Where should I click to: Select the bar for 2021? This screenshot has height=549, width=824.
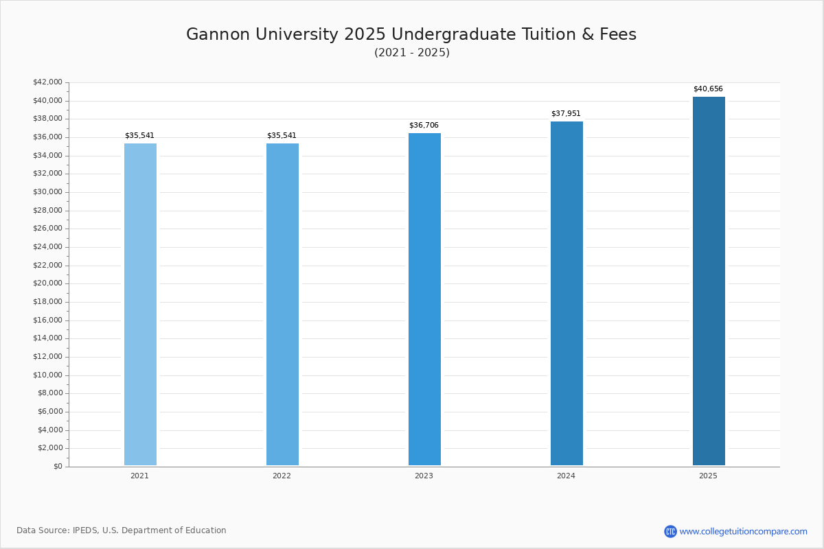pyautogui.click(x=140, y=305)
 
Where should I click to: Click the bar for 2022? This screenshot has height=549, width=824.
pyautogui.click(x=282, y=305)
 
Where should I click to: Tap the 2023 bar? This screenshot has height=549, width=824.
pyautogui.click(x=424, y=299)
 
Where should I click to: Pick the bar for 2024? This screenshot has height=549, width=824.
pyautogui.click(x=566, y=294)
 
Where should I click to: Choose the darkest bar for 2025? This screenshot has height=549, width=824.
pyautogui.click(x=709, y=281)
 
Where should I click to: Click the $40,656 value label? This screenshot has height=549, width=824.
pyautogui.click(x=708, y=89)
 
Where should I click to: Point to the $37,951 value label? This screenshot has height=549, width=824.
pyautogui.click(x=566, y=114)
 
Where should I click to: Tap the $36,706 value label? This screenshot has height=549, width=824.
pyautogui.click(x=424, y=126)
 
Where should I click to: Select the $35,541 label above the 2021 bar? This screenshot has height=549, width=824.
pyautogui.click(x=139, y=136)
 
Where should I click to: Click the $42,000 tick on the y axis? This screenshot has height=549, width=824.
pyautogui.click(x=47, y=82)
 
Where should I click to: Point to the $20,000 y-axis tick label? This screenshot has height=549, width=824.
pyautogui.click(x=47, y=283)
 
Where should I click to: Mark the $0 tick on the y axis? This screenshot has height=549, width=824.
pyautogui.click(x=58, y=467)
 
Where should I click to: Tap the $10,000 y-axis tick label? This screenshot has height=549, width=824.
pyautogui.click(x=47, y=375)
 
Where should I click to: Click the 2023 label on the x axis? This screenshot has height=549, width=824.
pyautogui.click(x=424, y=476)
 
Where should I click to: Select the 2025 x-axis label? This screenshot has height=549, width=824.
pyautogui.click(x=708, y=476)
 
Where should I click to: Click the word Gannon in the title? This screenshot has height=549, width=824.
pyautogui.click(x=217, y=35)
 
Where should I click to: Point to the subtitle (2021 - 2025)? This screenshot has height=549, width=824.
pyautogui.click(x=412, y=53)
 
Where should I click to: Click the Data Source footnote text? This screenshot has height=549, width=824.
pyautogui.click(x=122, y=530)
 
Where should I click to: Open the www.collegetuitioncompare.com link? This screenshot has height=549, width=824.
pyautogui.click(x=743, y=531)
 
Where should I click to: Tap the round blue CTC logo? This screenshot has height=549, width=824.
pyautogui.click(x=670, y=531)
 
